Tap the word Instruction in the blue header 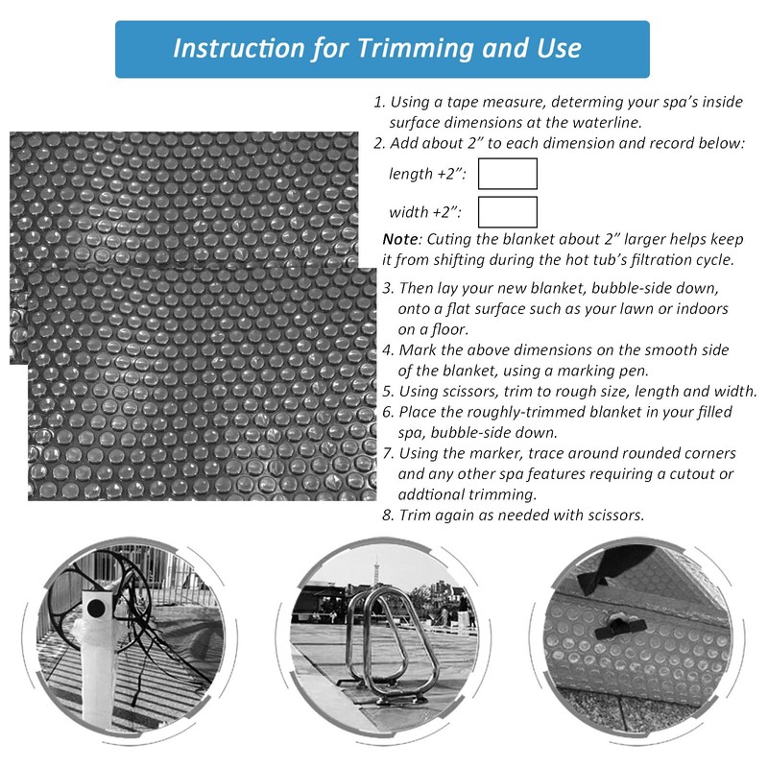230,48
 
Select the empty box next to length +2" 507,174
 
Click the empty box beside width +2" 507,212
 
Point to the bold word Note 399,239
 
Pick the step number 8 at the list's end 387,515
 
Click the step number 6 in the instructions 387,412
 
